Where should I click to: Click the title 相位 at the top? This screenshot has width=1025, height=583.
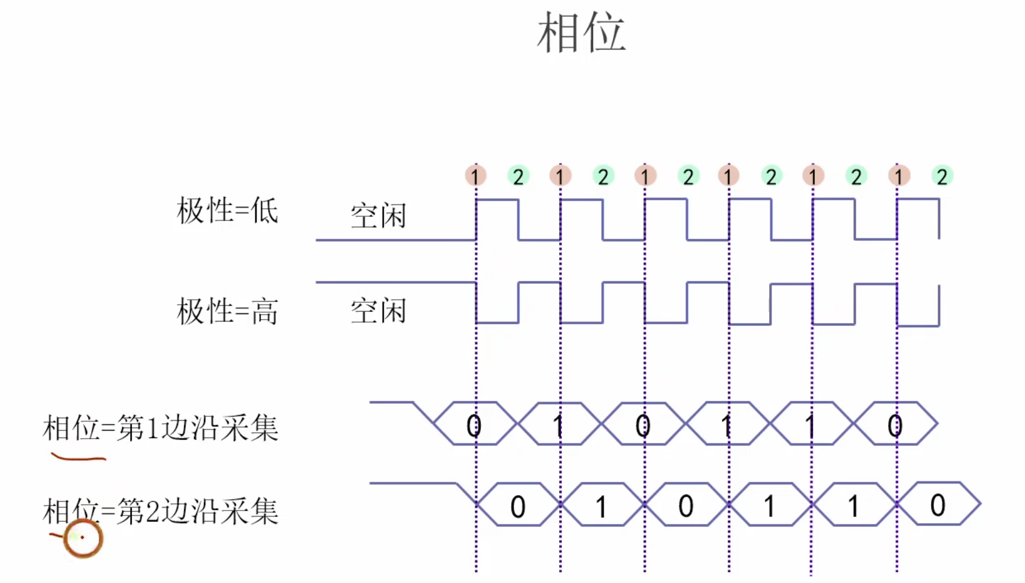point(581,33)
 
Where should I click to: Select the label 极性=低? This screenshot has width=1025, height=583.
point(227,211)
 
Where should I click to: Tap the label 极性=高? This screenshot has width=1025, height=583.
point(227,310)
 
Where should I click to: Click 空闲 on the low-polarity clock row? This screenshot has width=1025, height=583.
point(378,216)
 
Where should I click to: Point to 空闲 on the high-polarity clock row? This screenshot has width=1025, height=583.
point(378,310)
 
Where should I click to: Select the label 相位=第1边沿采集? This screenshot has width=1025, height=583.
point(160,428)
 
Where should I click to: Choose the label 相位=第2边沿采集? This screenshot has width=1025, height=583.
point(160,512)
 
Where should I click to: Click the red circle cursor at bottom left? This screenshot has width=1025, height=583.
point(83,538)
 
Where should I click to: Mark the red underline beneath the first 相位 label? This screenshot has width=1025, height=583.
point(79,458)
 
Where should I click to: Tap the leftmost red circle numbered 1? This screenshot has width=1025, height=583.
point(475,176)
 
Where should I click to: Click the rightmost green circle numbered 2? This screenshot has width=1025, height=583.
point(942,177)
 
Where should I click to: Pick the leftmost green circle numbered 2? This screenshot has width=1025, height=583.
point(518,177)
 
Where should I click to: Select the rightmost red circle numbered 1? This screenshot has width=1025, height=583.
point(899,176)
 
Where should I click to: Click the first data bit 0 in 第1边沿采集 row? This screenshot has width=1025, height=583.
point(474,426)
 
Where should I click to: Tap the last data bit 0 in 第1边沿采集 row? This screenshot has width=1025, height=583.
point(895,426)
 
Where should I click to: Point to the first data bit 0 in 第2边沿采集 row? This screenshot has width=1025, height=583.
point(518,507)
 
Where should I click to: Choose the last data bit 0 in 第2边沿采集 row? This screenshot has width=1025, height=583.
point(938,506)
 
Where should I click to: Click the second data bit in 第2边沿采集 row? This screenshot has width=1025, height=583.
point(601,507)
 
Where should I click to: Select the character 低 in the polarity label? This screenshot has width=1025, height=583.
point(265,211)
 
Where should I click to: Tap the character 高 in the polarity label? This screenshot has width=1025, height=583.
point(265,310)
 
